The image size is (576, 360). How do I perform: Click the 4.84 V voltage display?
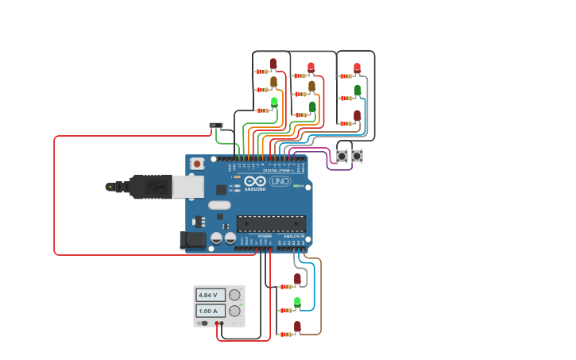click(210, 295)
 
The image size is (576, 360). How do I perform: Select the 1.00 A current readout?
click(210, 311)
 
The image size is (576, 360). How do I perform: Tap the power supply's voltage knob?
click(234, 295)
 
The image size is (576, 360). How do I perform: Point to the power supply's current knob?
click(234, 311)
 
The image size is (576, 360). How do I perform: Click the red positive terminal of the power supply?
click(219, 323)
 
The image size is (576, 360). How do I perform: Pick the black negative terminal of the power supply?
click(204, 323)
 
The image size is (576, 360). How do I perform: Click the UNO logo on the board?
click(280, 181)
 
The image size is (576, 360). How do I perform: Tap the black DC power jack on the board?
click(193, 240)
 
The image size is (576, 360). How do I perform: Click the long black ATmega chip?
click(271, 225)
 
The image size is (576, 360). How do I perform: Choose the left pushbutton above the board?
click(342, 156)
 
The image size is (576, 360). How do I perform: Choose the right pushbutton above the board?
click(358, 156)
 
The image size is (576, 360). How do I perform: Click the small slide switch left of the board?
click(215, 126)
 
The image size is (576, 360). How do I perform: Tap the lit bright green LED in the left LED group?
click(274, 102)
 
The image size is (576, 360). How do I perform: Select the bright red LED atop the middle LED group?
click(311, 67)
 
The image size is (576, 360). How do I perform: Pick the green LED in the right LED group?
click(358, 90)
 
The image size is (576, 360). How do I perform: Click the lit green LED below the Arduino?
click(297, 302)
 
